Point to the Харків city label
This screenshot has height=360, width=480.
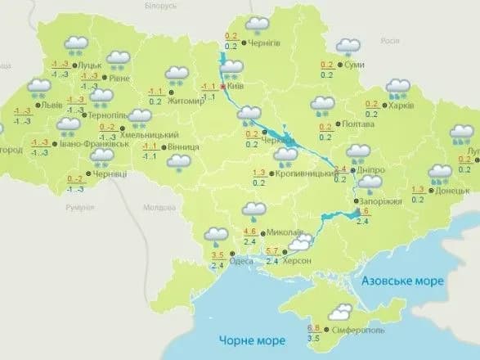click(401, 105)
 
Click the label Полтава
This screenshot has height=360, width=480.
click(360, 125)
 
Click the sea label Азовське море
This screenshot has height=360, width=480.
click(402, 281)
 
